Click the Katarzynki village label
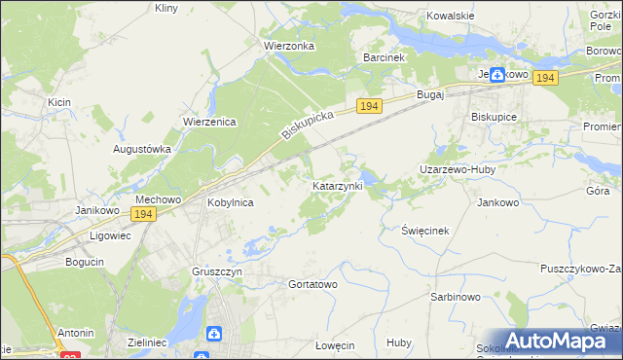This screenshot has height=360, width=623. tap(337, 184)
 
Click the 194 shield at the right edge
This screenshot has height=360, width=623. tap(545, 78)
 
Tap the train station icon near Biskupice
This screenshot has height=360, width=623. tap(497, 74)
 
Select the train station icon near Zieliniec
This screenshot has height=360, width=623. tap(213, 334)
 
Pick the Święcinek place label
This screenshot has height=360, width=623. tap(425, 231)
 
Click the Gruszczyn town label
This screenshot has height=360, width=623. tap(216, 272)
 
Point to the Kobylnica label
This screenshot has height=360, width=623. tap(231, 202)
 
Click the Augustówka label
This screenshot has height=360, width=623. tap(143, 149)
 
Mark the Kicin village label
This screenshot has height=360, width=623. tap(59, 101)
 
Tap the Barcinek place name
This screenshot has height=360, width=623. tap(384, 57)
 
